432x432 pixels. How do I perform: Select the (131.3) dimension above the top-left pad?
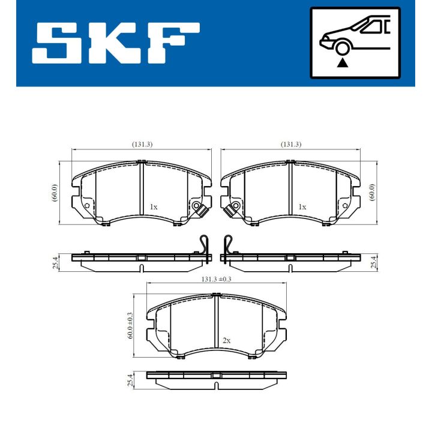pos(142,144)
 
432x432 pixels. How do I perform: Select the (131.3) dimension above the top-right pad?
pos(290,144)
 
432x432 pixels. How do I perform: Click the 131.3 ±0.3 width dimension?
pos(217,278)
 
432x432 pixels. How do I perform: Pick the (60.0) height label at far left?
pos(54,193)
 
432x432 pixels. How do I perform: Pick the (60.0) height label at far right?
pos(372,193)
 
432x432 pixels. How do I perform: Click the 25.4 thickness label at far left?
pos(55,262)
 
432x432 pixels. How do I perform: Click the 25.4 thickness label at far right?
pos(373,262)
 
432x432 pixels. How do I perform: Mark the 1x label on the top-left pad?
pos(154,206)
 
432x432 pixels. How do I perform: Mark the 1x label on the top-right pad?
pos(302,206)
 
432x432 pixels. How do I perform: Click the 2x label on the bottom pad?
pos(226,340)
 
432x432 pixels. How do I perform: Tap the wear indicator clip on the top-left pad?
pos(199,209)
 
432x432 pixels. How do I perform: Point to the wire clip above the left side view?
pos(204,245)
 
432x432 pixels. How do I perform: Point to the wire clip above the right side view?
pos(227,245)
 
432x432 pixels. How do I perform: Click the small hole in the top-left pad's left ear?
pos(86,206)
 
